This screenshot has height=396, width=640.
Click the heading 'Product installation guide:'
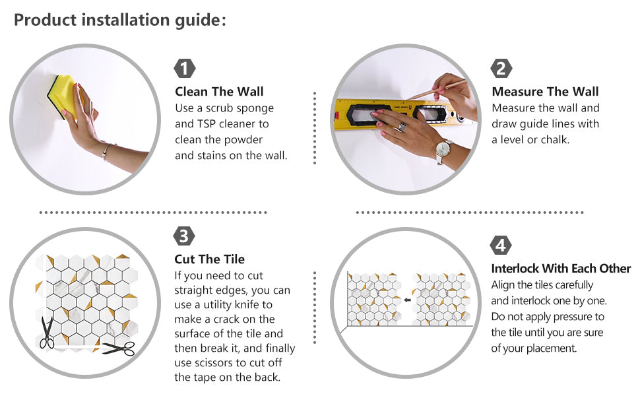coord(120,20)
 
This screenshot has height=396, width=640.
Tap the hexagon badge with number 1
coord(185,68)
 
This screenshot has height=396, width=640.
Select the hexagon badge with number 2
coord(501,68)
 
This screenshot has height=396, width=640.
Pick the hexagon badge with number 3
coord(184,236)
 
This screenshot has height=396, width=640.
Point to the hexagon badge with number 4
coord(501,246)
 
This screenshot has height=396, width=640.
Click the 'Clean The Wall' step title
coord(219,92)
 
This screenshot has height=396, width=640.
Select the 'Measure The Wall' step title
coord(545,92)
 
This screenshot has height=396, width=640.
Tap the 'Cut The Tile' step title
coord(209,259)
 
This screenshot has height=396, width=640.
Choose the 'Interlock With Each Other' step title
coord(561,269)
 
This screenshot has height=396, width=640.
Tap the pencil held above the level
coord(437,90)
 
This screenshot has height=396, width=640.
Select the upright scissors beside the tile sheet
coord(46,333)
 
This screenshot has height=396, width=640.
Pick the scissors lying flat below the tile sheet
coord(119,348)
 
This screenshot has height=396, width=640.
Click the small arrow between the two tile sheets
coord(407,300)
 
